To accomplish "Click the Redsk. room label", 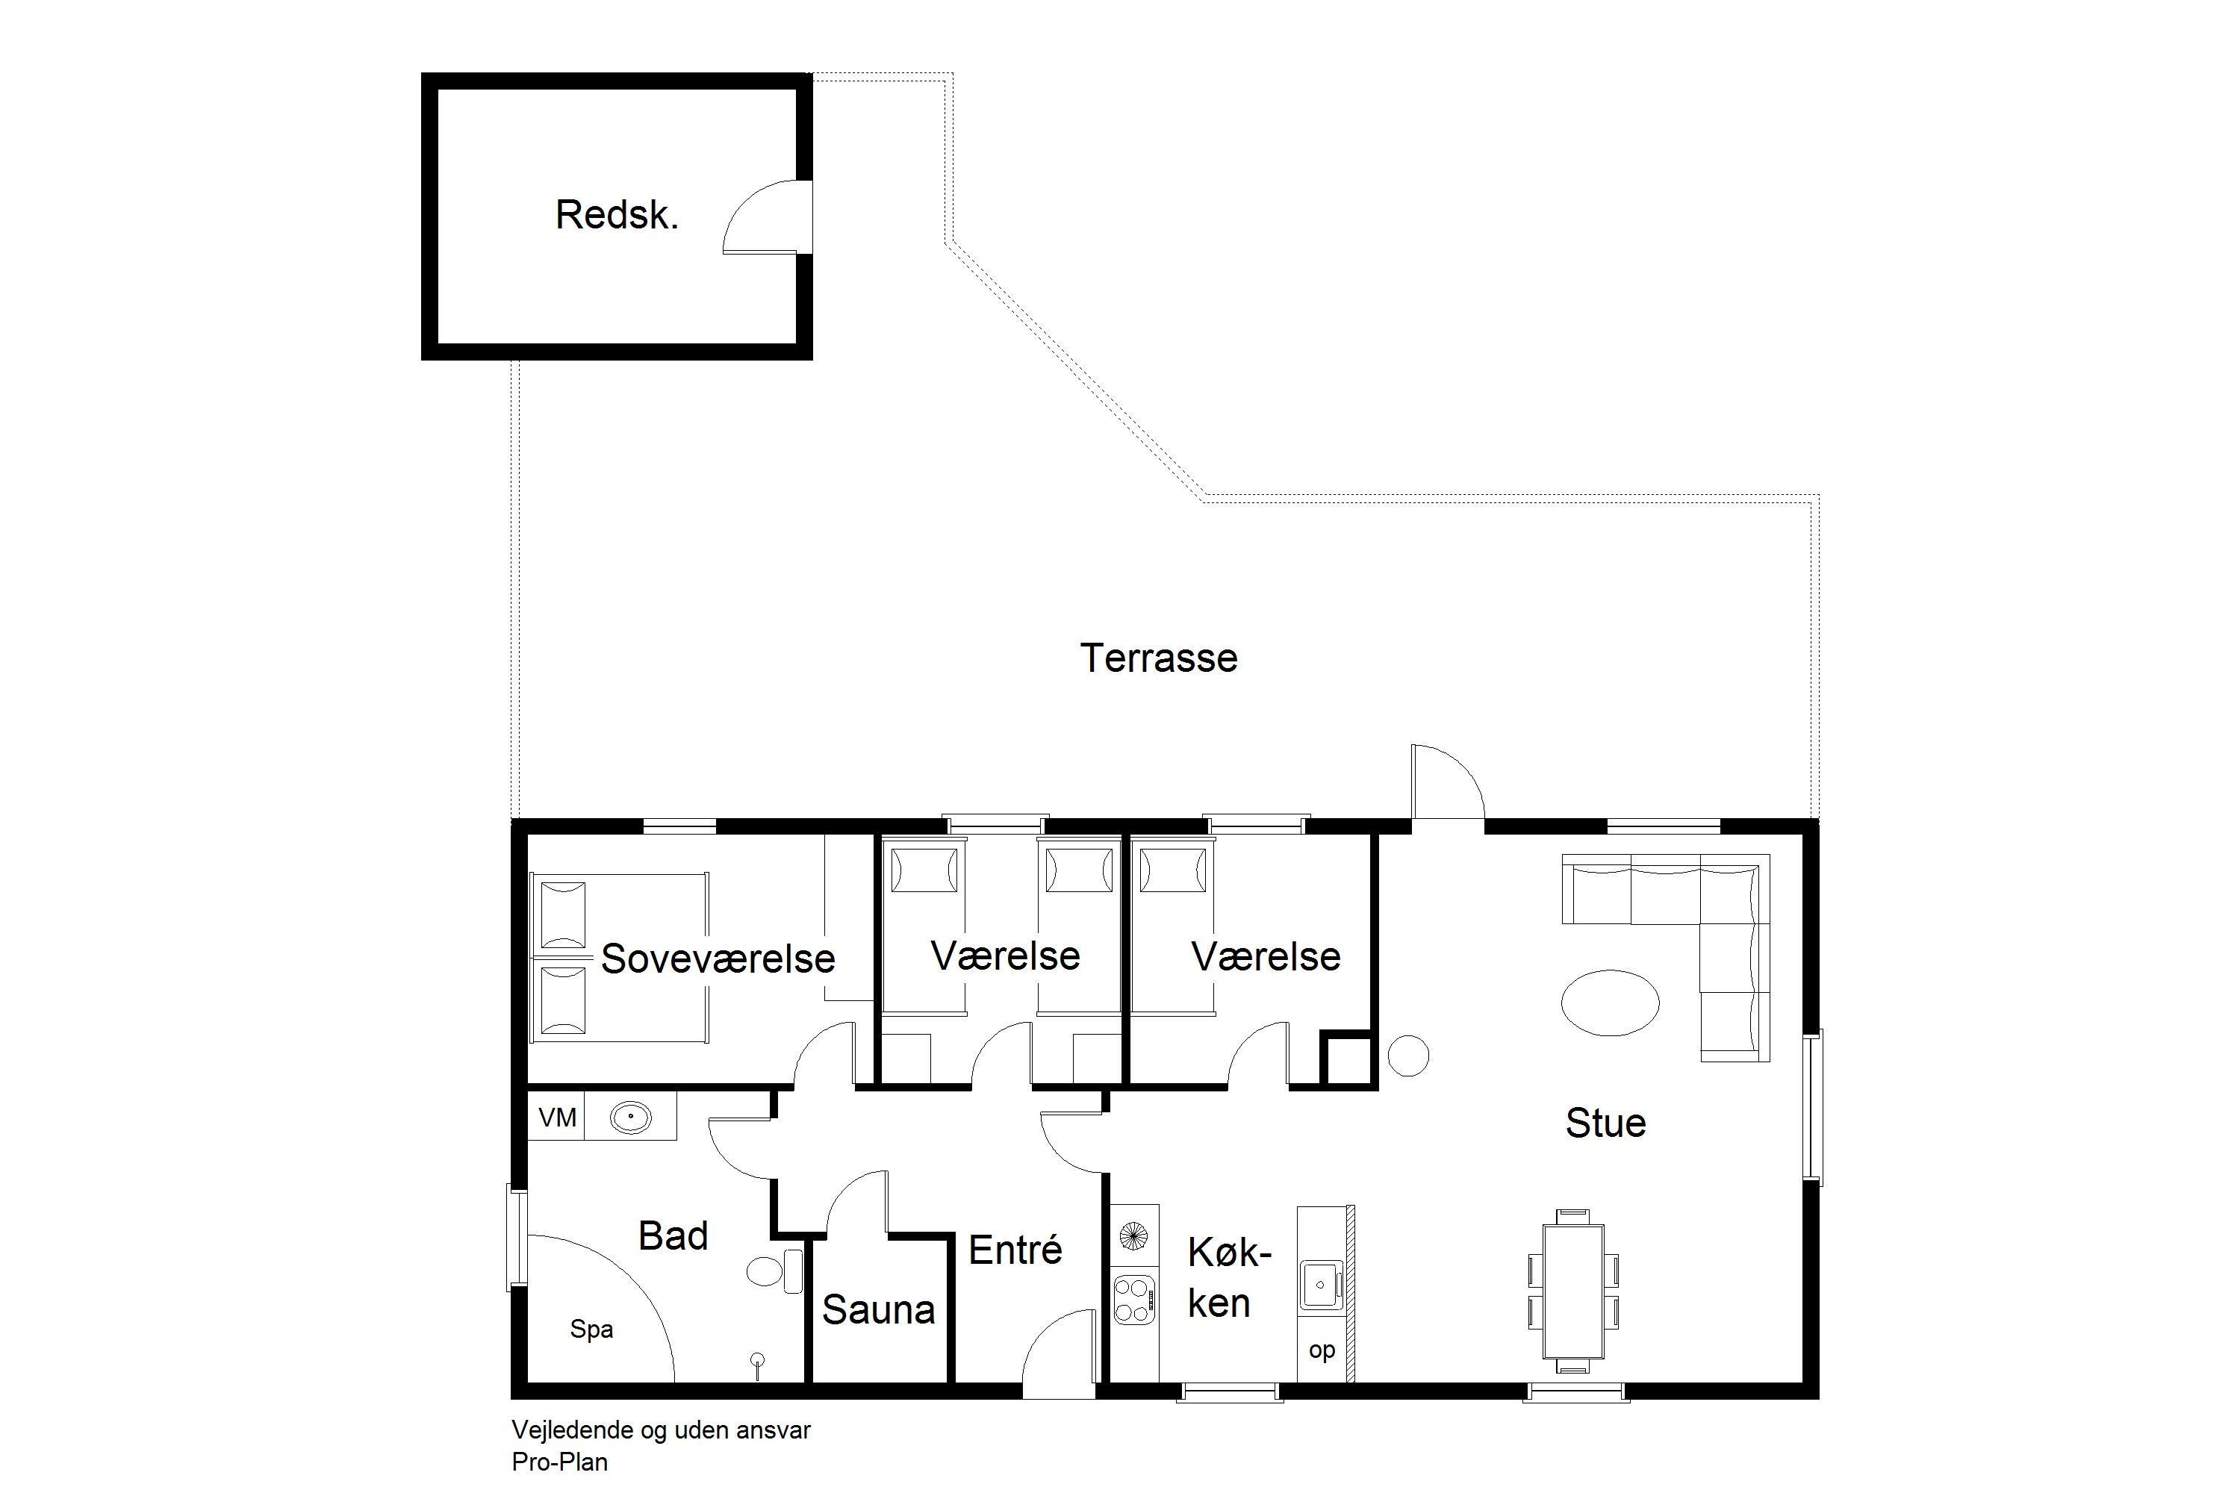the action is pos(617,215).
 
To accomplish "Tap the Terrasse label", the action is pos(1158,658).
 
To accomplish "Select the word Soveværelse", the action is pos(718,959).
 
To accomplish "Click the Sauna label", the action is pos(878,1310).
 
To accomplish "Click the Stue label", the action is pos(1606,1123).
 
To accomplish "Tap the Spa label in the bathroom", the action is pos(591,1330).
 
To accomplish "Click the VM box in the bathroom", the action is pos(556,1116).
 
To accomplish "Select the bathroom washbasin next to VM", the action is pos(630,1116).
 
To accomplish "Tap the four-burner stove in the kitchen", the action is pos(1134,1300).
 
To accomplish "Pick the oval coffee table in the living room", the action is pos(1610,1003).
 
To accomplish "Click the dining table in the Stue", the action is pos(1573,1291).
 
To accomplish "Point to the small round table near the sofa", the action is pos(1407,1056).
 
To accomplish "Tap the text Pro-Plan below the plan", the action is pos(559,1462).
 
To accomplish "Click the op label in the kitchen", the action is pos(1322,1350).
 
